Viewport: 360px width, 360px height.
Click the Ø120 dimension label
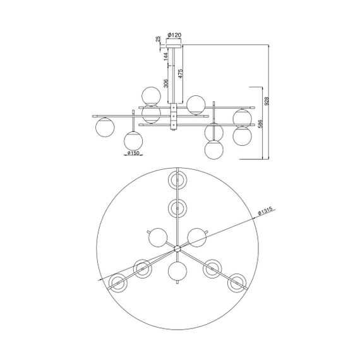(174, 35)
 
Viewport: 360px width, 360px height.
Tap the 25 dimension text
(158, 39)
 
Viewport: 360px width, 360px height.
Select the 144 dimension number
(166, 56)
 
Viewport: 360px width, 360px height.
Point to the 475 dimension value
(181, 73)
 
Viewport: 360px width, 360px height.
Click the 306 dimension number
(166, 83)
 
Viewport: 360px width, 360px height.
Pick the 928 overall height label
(267, 101)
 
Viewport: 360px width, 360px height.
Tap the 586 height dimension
(260, 124)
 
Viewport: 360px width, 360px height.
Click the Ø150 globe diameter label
(133, 153)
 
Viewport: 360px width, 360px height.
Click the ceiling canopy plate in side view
(174, 46)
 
